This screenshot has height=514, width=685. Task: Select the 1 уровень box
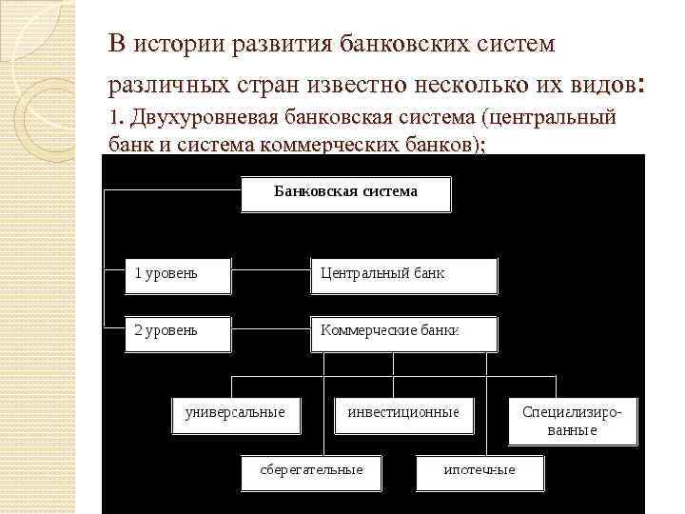178,275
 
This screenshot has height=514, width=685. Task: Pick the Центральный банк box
403,275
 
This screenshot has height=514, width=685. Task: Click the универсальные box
234,414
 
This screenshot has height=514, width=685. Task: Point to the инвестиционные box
402,414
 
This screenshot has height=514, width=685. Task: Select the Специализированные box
573,421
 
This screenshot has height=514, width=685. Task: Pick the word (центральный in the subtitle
549,119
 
